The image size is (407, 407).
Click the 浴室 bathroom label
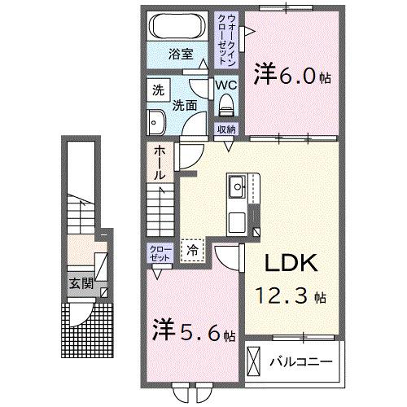(x=180, y=55)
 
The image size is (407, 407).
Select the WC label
(x=225, y=84)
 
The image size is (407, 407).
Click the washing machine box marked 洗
(x=156, y=90)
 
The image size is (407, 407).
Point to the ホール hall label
(x=158, y=162)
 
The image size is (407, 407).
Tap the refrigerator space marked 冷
(x=192, y=252)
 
